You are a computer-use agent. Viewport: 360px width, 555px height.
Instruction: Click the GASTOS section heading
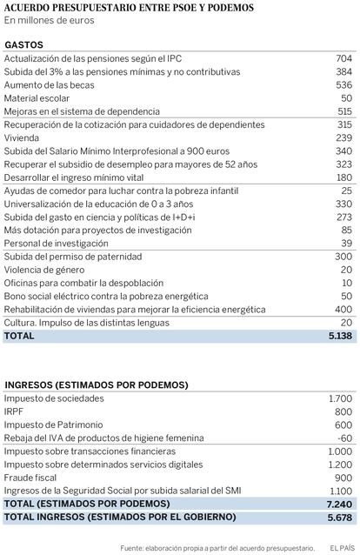(x=23, y=45)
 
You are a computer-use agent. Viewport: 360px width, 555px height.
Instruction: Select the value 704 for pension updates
(x=344, y=58)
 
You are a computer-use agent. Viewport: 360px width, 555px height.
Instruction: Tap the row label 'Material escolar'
(x=37, y=98)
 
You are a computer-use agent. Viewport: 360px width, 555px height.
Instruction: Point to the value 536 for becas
(x=344, y=85)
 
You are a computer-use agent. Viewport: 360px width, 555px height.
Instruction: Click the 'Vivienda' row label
(x=22, y=137)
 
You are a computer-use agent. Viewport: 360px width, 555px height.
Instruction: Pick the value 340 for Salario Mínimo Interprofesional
(x=344, y=151)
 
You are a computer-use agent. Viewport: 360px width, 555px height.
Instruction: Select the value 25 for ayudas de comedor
(x=347, y=191)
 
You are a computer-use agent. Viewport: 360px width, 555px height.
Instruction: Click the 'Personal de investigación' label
(x=57, y=244)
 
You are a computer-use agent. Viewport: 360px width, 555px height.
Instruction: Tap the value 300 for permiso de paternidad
(x=343, y=257)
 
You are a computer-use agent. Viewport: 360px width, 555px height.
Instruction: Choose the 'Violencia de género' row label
(x=44, y=270)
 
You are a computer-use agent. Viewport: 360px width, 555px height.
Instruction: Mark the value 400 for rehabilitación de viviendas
(x=343, y=310)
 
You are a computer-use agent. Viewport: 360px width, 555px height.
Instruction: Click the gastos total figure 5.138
(x=341, y=336)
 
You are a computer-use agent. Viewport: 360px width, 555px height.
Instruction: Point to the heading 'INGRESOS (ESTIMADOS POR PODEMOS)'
(x=97, y=385)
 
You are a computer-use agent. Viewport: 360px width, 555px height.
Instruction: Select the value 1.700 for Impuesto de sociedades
(x=341, y=398)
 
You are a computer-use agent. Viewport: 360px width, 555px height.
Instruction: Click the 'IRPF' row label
(x=13, y=411)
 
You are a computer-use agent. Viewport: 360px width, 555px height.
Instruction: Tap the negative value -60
(x=345, y=438)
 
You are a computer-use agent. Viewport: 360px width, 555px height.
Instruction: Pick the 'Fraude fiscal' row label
(x=30, y=478)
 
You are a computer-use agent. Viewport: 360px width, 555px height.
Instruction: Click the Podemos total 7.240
(x=340, y=505)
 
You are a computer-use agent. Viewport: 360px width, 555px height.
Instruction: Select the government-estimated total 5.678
(x=340, y=518)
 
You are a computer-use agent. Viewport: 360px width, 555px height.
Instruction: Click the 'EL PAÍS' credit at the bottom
(x=343, y=548)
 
